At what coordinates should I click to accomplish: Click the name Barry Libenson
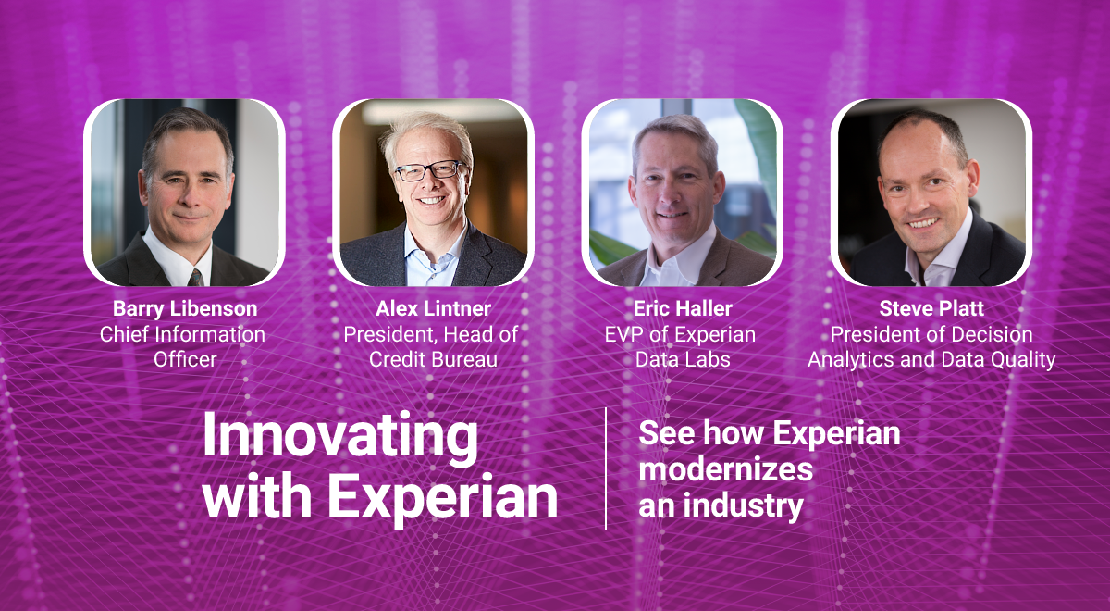[x=185, y=309]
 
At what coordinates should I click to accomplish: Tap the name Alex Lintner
[x=433, y=308]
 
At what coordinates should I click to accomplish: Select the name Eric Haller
[x=683, y=308]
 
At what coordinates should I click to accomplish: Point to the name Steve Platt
[x=931, y=308]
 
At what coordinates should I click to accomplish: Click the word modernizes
[x=725, y=469]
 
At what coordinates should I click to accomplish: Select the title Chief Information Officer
[x=182, y=346]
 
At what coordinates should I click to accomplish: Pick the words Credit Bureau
[x=433, y=359]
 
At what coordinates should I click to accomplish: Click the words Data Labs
[x=683, y=359]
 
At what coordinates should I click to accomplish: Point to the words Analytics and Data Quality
[x=931, y=360]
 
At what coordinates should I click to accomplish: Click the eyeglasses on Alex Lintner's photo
[x=429, y=170]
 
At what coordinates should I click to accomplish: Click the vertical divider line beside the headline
[x=606, y=468]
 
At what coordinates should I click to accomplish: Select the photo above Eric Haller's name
[x=682, y=193]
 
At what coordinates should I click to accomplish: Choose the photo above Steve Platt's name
[x=931, y=193]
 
